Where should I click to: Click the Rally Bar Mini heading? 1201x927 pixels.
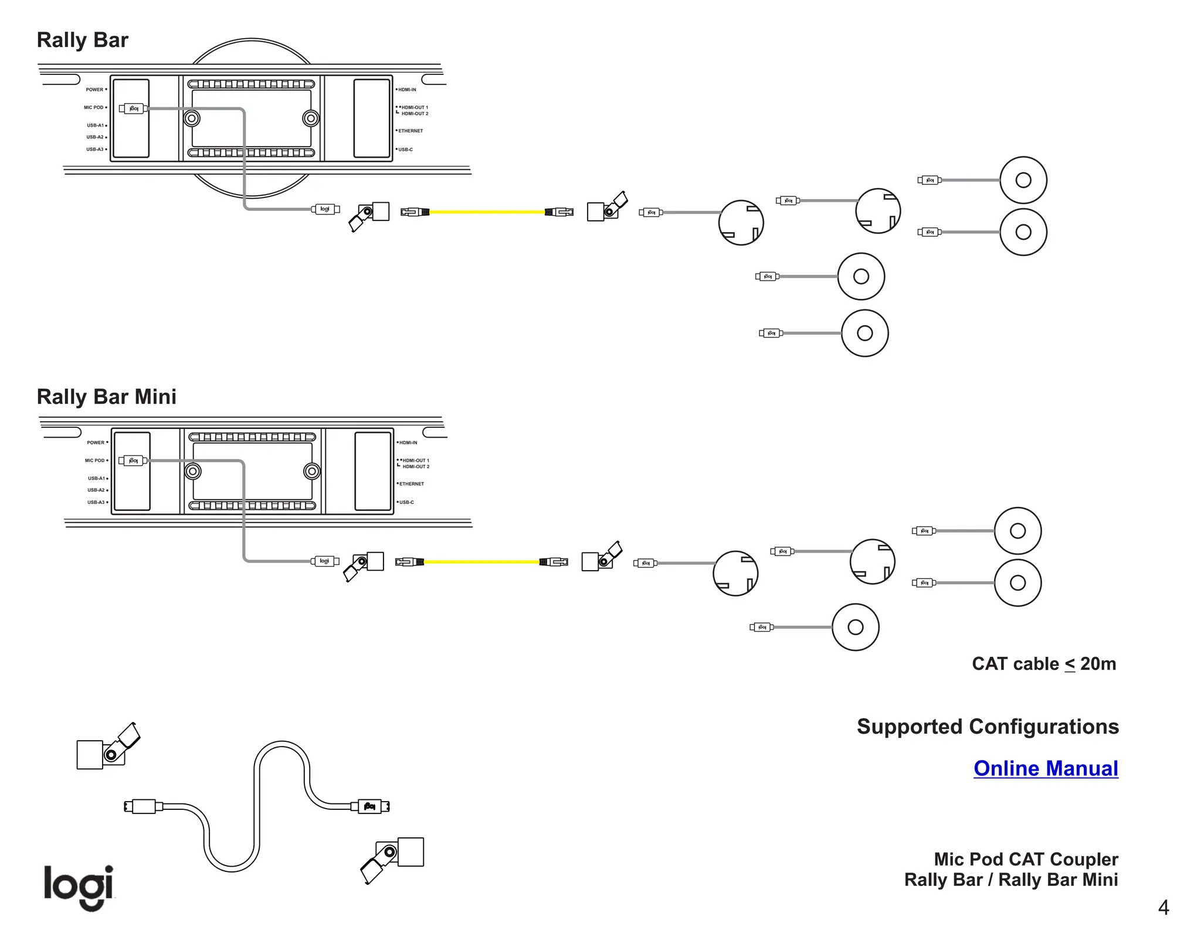[x=106, y=397]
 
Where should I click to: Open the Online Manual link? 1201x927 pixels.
[x=1046, y=768]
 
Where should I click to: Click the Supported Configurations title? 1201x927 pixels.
[x=988, y=727]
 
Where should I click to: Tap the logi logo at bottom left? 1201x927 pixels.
[x=79, y=887]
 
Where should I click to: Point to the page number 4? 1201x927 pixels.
[x=1163, y=908]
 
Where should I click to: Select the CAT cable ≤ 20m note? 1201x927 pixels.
[x=1044, y=664]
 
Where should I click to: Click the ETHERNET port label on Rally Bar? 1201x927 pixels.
[x=410, y=131]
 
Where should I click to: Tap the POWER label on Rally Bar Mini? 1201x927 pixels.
[x=96, y=442]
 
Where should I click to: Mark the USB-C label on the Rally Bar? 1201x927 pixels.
[x=405, y=149]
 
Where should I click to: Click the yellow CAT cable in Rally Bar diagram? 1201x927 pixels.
[x=487, y=212]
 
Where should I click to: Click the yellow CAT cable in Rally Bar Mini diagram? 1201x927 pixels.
[x=481, y=562]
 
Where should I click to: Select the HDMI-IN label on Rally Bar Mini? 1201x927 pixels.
[x=408, y=442]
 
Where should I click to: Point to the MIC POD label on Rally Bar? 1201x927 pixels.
[x=93, y=107]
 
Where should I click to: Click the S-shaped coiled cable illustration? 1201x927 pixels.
[x=258, y=809]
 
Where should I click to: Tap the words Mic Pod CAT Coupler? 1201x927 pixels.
[x=1026, y=859]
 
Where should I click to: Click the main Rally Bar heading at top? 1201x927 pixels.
[x=82, y=40]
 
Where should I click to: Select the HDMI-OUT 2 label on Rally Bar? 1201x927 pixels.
[x=415, y=114]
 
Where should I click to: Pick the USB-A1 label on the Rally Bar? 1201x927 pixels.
[x=95, y=125]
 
